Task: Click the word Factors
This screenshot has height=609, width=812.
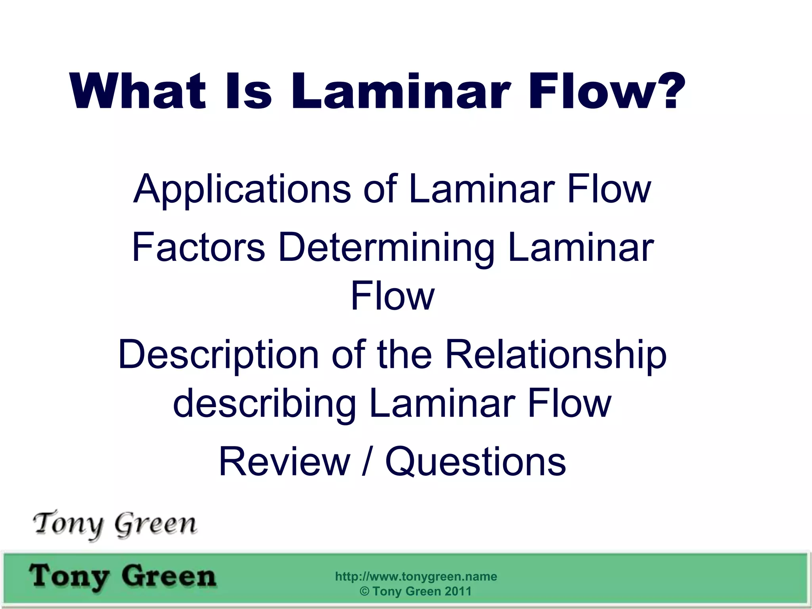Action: coord(198,247)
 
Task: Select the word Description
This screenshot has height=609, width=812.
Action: coord(218,355)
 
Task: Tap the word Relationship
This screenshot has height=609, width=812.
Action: coord(555,355)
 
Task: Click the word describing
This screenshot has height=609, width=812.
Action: coord(264,404)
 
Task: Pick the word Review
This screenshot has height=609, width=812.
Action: coord(284,462)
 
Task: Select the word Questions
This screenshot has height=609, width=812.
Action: coord(475,462)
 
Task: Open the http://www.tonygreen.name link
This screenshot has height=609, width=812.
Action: coord(416,576)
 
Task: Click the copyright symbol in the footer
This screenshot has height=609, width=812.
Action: coord(364,592)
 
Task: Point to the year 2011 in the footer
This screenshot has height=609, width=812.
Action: coord(458,591)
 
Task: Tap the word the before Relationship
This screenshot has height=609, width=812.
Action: coord(404,354)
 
